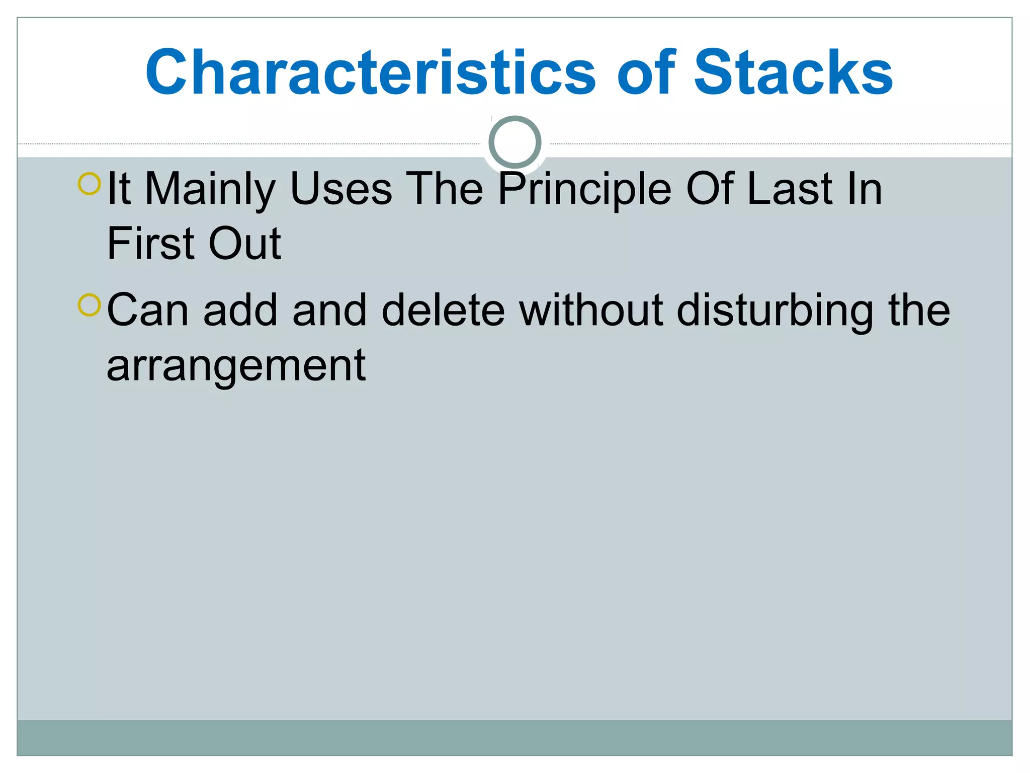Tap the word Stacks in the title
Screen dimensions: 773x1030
[793, 73]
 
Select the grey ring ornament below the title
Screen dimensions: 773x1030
[514, 142]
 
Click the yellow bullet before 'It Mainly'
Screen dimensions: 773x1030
[90, 184]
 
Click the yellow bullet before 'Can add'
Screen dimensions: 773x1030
[90, 305]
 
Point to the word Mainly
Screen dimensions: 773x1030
[210, 190]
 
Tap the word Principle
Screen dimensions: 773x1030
[585, 190]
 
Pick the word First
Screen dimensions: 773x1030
[151, 244]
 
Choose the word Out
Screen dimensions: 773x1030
[244, 244]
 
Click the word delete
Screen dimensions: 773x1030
[443, 311]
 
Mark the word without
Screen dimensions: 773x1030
[591, 311]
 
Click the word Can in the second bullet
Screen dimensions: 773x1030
[148, 311]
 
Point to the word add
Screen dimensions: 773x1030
[240, 311]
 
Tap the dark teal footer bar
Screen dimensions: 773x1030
[514, 737]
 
